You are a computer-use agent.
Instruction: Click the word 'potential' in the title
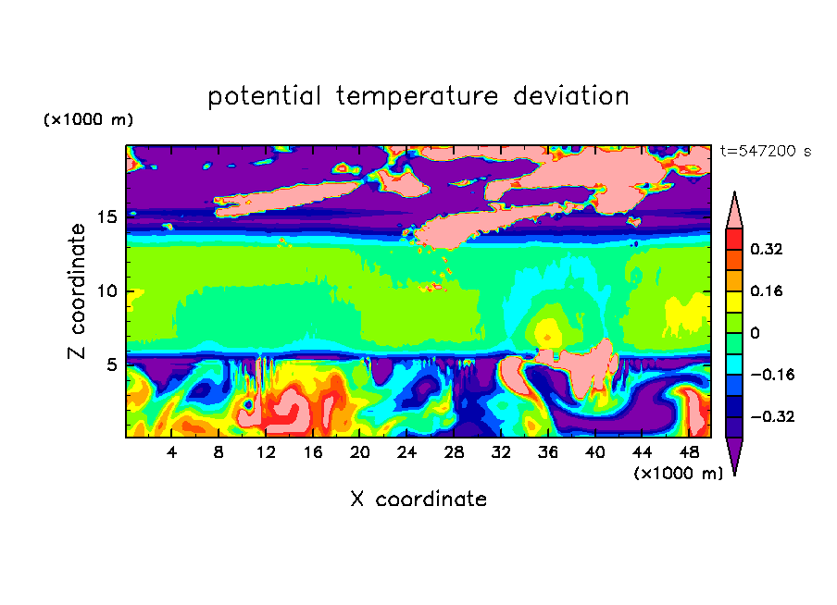(x=264, y=96)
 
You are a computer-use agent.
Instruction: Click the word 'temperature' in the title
(x=417, y=96)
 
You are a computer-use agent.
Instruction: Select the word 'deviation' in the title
(x=571, y=96)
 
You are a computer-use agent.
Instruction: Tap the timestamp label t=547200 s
(x=766, y=151)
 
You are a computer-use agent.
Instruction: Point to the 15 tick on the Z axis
(x=106, y=217)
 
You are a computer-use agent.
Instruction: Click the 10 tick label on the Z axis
(x=106, y=291)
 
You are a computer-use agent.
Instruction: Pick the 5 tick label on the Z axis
(x=111, y=364)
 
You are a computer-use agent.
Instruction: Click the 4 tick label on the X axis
(x=171, y=452)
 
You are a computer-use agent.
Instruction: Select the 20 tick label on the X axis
(x=360, y=452)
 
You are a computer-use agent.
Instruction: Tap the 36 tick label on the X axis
(x=548, y=452)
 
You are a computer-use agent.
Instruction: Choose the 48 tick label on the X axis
(x=689, y=452)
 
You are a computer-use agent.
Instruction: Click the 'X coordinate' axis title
(x=418, y=499)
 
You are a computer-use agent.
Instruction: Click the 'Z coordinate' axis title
(x=77, y=291)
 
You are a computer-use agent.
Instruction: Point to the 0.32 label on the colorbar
(x=767, y=249)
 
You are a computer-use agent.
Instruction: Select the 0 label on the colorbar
(x=755, y=333)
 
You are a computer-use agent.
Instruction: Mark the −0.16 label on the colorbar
(x=772, y=375)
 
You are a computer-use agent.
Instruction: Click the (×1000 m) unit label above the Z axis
(x=88, y=119)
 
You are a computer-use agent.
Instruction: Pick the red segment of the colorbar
(x=734, y=239)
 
